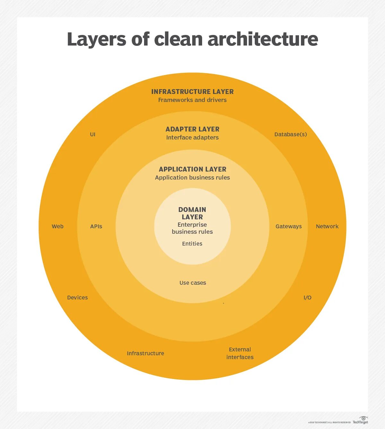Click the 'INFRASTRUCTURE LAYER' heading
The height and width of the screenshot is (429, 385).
193,92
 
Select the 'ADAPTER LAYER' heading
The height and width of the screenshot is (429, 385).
193,129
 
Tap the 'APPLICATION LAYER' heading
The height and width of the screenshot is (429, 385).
193,169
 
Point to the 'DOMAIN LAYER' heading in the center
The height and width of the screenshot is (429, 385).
192,213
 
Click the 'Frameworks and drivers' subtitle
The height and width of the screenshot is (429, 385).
193,100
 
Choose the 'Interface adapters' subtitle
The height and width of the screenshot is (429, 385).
193,138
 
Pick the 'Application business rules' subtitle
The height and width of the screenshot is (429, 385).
193,178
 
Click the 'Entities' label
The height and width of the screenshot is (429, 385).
192,244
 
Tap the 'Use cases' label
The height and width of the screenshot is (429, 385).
193,283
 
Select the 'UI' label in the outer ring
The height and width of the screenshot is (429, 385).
93,134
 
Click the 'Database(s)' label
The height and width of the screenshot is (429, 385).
291,134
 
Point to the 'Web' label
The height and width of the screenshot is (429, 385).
58,226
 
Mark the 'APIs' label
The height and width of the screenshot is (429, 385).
96,226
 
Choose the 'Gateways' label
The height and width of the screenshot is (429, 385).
289,226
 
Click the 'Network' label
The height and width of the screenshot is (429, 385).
327,226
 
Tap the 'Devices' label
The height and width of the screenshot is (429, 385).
77,298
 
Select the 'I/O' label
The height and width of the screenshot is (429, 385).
307,298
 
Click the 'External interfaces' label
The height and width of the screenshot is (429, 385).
240,353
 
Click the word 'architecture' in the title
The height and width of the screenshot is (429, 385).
263,39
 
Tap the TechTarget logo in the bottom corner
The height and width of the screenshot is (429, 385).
361,420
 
